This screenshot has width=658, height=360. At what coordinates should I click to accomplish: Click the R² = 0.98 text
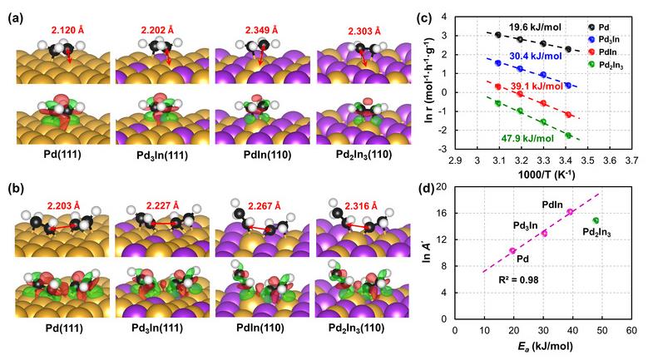coord(507,291)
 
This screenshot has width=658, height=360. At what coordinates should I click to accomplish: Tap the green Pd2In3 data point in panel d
coord(596,220)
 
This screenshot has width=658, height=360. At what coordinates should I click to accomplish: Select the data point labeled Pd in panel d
coord(512,250)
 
